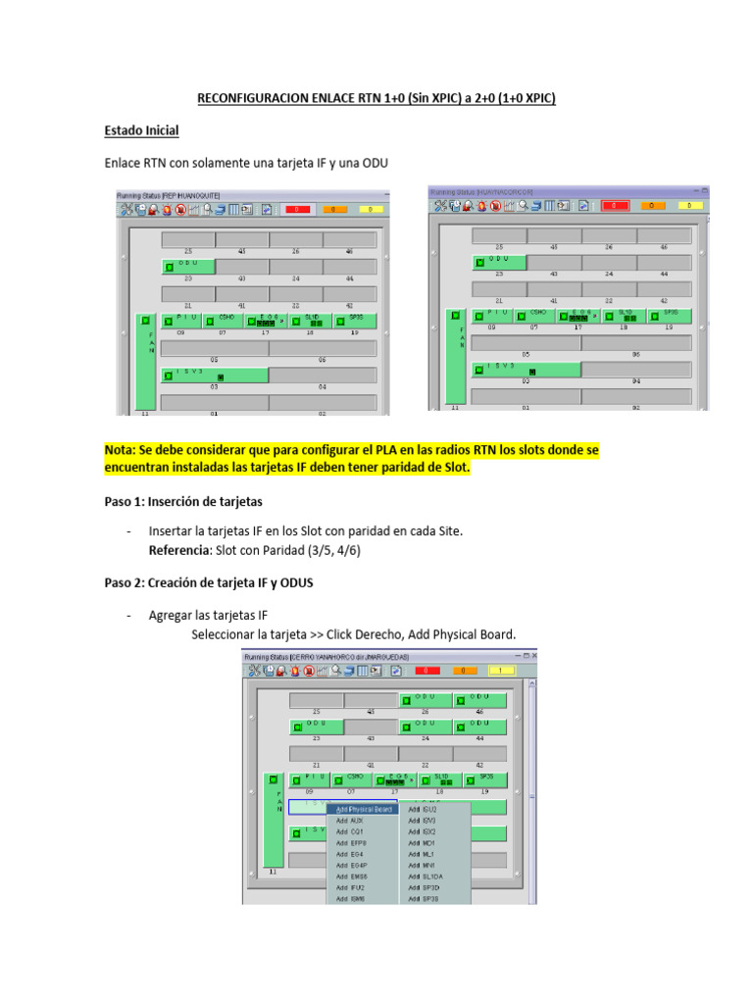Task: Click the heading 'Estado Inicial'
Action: point(141,130)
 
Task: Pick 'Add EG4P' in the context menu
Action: point(351,865)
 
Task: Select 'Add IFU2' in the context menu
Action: point(350,887)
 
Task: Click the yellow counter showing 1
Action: point(500,671)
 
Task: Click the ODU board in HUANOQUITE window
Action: point(188,266)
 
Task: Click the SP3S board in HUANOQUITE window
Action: point(349,320)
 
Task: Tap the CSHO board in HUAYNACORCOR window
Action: point(538,315)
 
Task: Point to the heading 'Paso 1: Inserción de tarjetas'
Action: point(183,501)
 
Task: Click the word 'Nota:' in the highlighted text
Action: point(123,449)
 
